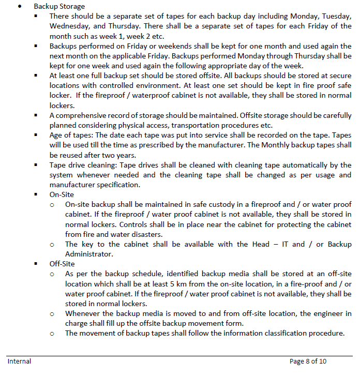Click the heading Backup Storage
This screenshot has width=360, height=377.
[59, 7]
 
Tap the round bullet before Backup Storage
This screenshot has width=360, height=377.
[19, 7]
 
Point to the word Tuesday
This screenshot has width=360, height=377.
[336, 17]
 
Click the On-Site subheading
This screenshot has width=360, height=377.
[62, 194]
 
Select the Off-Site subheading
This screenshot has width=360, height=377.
[62, 264]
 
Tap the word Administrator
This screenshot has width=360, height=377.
[89, 254]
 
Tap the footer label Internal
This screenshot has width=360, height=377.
[19, 361]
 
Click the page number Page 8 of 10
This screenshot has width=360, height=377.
[308, 361]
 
